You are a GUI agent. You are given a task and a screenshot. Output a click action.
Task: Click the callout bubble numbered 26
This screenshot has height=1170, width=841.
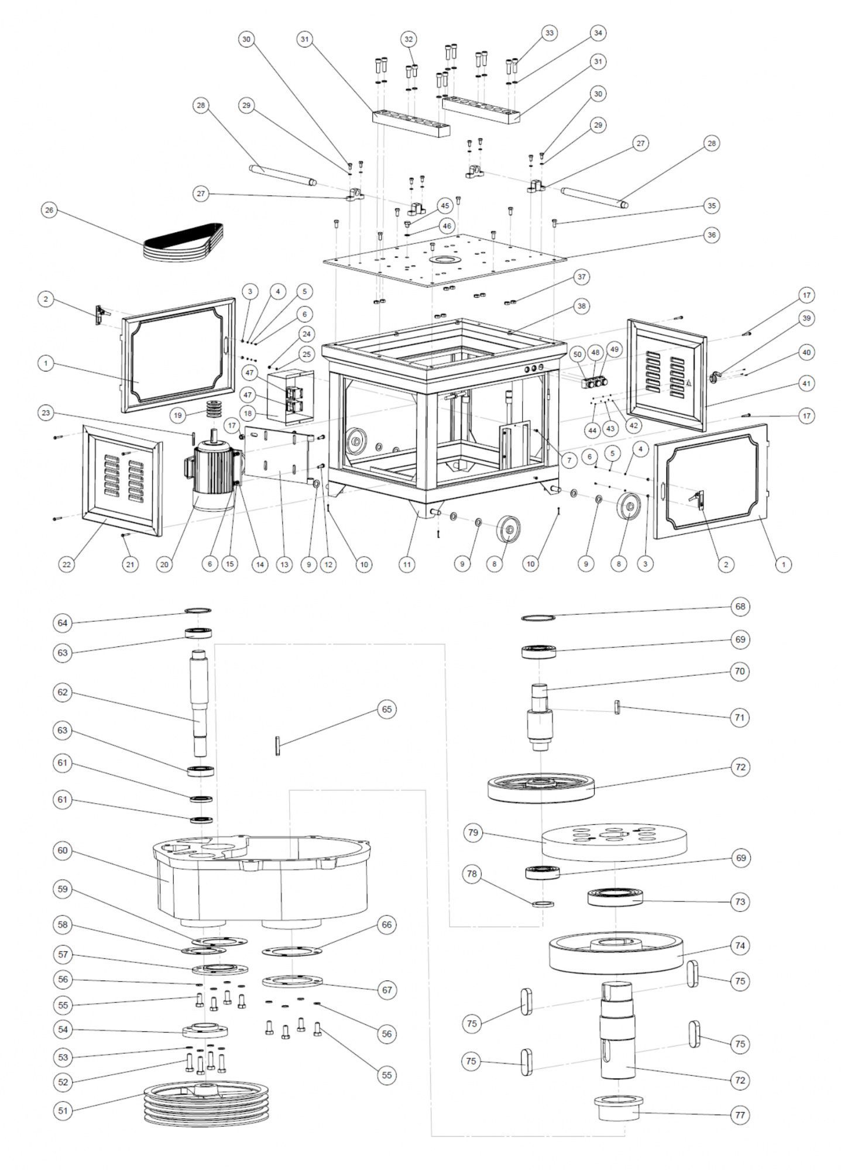(x=50, y=211)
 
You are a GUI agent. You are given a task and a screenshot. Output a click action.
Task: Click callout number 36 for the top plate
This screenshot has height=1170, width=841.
(x=711, y=235)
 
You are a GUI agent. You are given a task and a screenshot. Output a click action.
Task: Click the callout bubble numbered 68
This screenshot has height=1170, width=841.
(x=740, y=606)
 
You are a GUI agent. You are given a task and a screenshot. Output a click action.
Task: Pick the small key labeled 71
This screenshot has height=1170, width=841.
(x=617, y=707)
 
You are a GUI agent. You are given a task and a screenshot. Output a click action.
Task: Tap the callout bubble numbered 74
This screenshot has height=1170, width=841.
(x=740, y=945)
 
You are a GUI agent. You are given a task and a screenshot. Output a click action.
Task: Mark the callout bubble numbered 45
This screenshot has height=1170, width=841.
(x=445, y=205)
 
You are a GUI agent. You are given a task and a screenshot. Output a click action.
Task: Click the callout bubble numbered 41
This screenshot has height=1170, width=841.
(x=807, y=384)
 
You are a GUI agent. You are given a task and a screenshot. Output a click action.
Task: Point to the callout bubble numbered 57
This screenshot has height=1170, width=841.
(x=63, y=954)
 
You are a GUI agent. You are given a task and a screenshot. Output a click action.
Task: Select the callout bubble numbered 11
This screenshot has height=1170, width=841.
(x=407, y=564)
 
